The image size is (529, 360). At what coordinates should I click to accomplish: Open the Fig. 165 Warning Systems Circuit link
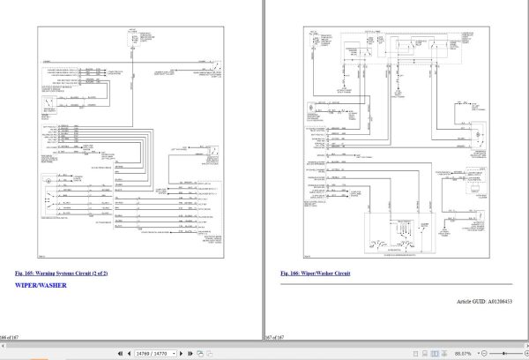[61, 274]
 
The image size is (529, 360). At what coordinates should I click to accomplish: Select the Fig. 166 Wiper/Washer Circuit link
[315, 274]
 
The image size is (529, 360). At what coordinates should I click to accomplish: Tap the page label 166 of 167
[10, 338]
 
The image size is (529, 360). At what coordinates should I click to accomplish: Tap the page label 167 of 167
[275, 338]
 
